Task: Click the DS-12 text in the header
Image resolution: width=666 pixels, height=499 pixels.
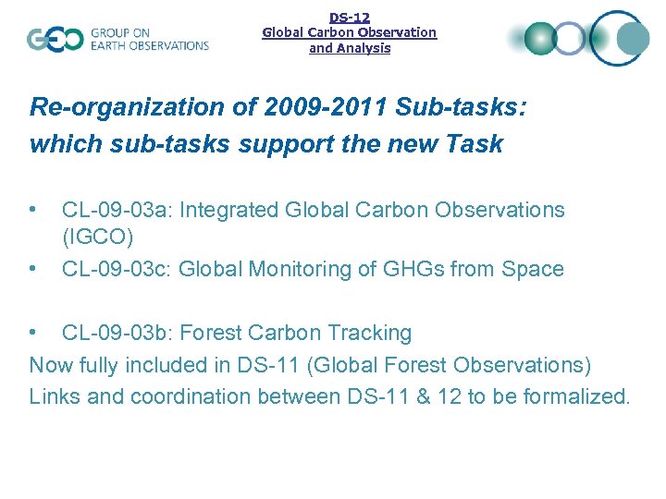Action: click(350, 17)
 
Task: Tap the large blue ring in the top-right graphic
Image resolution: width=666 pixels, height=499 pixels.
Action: click(620, 38)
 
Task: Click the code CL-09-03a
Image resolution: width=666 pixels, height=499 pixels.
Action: click(116, 210)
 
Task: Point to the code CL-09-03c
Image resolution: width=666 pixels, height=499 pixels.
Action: click(116, 269)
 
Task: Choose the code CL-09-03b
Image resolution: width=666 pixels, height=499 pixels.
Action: click(116, 333)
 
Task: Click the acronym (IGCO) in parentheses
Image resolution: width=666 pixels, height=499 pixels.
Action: click(97, 237)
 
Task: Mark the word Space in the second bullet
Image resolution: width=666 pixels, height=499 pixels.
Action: click(532, 269)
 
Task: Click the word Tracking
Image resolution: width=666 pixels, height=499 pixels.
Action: click(370, 333)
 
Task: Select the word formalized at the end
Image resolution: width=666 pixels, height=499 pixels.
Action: click(575, 396)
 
